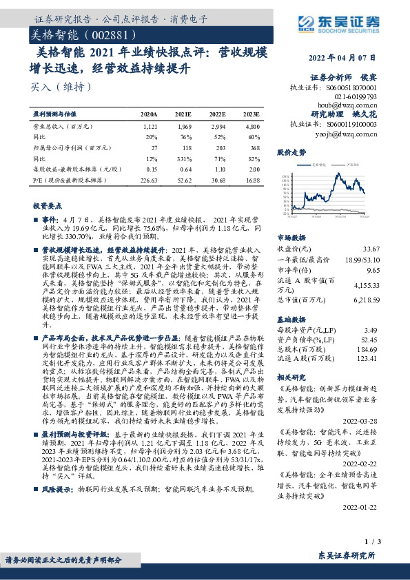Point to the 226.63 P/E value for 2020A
pos(148,181)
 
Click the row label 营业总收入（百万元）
pos(63,127)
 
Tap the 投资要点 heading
pos(47,206)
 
